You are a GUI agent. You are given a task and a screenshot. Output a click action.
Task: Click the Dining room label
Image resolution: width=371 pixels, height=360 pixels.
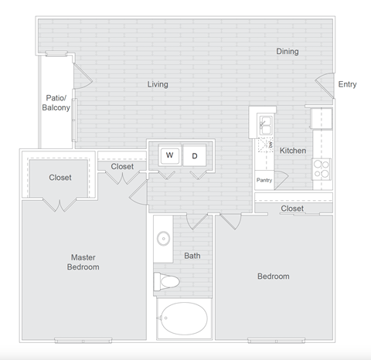pos(288,52)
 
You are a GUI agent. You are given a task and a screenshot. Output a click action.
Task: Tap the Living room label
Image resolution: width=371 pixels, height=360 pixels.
pos(158,84)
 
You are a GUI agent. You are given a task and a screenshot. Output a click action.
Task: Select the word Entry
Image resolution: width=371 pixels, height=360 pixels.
pos(348,84)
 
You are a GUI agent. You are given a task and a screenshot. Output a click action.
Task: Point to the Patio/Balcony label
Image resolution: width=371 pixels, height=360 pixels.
pos(56,103)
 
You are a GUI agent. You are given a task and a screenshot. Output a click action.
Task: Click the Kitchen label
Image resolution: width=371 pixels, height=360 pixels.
pos(293,151)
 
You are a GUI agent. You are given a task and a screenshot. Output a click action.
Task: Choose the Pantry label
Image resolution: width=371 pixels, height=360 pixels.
pos(264,180)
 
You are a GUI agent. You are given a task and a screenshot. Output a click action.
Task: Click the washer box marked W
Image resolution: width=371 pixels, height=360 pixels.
pos(169,155)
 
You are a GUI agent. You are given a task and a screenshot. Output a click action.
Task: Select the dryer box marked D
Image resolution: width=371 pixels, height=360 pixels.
pos(195,155)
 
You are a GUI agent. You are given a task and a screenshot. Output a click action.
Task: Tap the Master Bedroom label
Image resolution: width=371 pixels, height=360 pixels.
pos(84,262)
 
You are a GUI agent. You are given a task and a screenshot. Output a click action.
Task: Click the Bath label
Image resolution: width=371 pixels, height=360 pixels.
pos(192,255)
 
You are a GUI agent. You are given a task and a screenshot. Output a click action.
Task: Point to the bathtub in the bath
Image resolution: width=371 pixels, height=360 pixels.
pos(183,319)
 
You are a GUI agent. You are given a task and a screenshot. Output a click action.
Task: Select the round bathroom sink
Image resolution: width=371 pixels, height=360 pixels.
pos(164,238)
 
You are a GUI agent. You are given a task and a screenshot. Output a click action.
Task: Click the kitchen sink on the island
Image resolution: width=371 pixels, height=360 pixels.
pos(264,123)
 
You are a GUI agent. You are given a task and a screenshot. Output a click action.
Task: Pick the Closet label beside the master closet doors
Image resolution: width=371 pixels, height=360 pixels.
pos(60,178)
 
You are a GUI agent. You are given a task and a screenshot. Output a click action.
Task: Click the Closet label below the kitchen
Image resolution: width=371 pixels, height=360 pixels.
pos(292,209)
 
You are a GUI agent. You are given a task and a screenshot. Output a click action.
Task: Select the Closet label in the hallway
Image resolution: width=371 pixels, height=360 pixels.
pos(122,166)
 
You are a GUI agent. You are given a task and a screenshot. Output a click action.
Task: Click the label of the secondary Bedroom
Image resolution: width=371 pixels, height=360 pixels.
pos(274,277)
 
